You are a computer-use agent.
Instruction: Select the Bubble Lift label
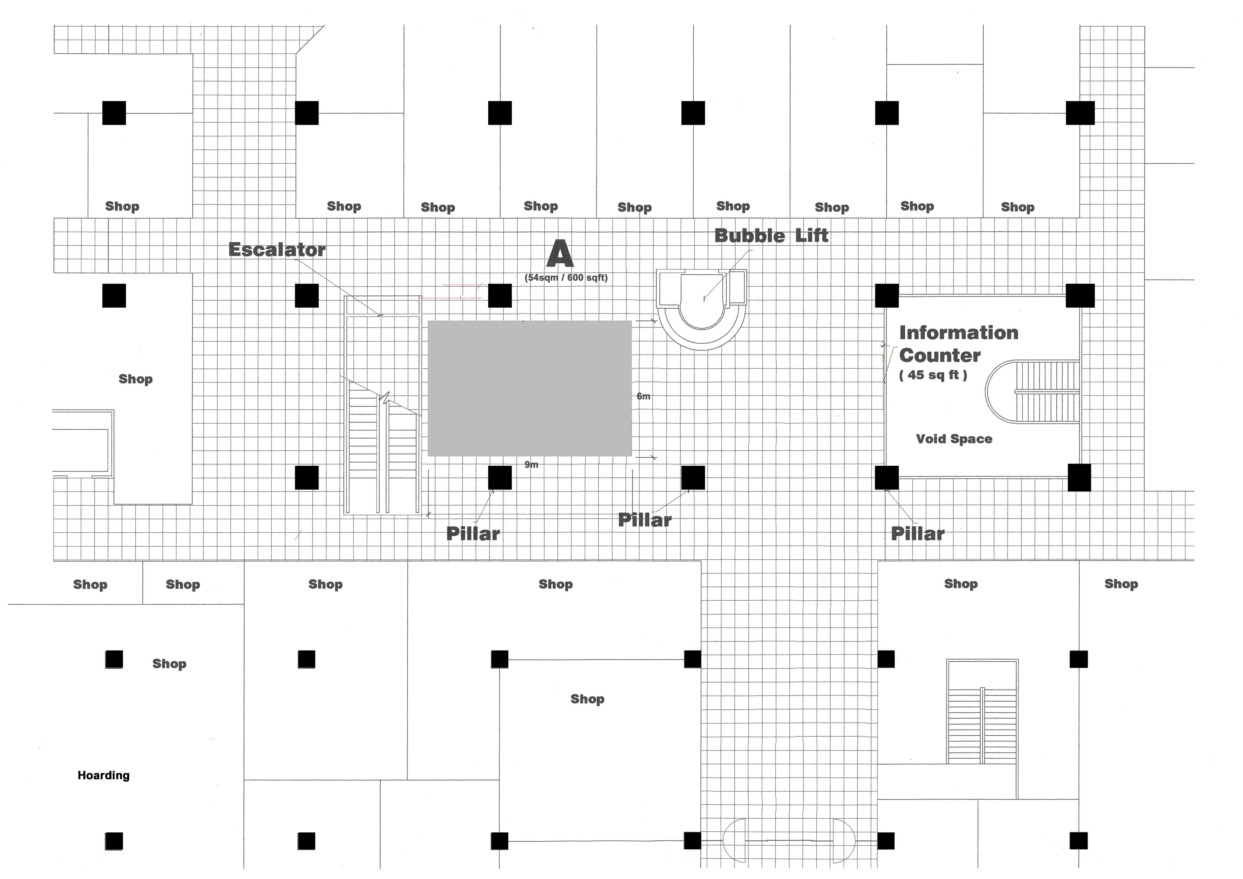tap(772, 236)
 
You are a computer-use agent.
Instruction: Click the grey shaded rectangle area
tap(529, 388)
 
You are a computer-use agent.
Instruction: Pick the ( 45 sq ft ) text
tap(933, 375)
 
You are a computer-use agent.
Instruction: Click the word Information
tap(959, 332)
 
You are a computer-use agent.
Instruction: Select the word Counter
tap(940, 355)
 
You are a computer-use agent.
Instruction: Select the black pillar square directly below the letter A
tap(500, 296)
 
